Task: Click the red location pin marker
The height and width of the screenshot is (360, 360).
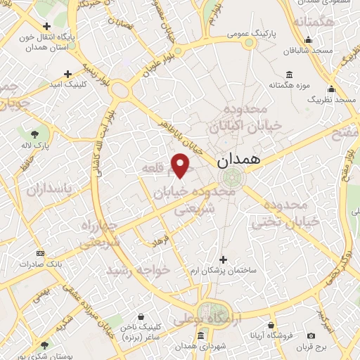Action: point(181,165)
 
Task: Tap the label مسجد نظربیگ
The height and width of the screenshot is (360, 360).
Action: point(331,100)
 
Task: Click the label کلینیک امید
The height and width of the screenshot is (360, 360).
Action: point(68,84)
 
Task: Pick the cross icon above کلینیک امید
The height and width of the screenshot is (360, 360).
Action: point(68,73)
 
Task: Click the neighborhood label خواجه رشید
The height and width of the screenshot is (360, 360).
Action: point(138,269)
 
